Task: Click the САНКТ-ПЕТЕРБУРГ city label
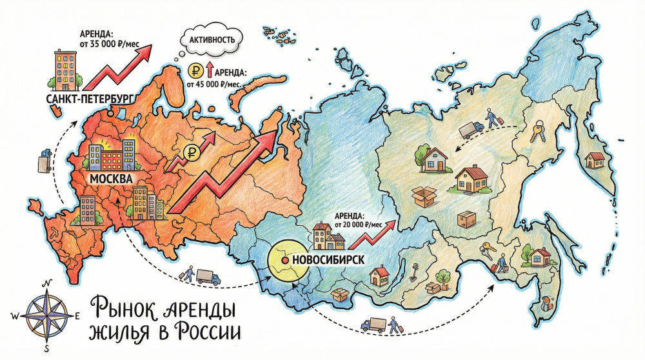(x=90, y=99)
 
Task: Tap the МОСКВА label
(x=111, y=177)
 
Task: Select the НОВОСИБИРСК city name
(x=329, y=259)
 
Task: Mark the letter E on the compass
(x=77, y=316)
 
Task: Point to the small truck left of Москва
(x=45, y=159)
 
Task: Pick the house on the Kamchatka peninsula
(x=594, y=158)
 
